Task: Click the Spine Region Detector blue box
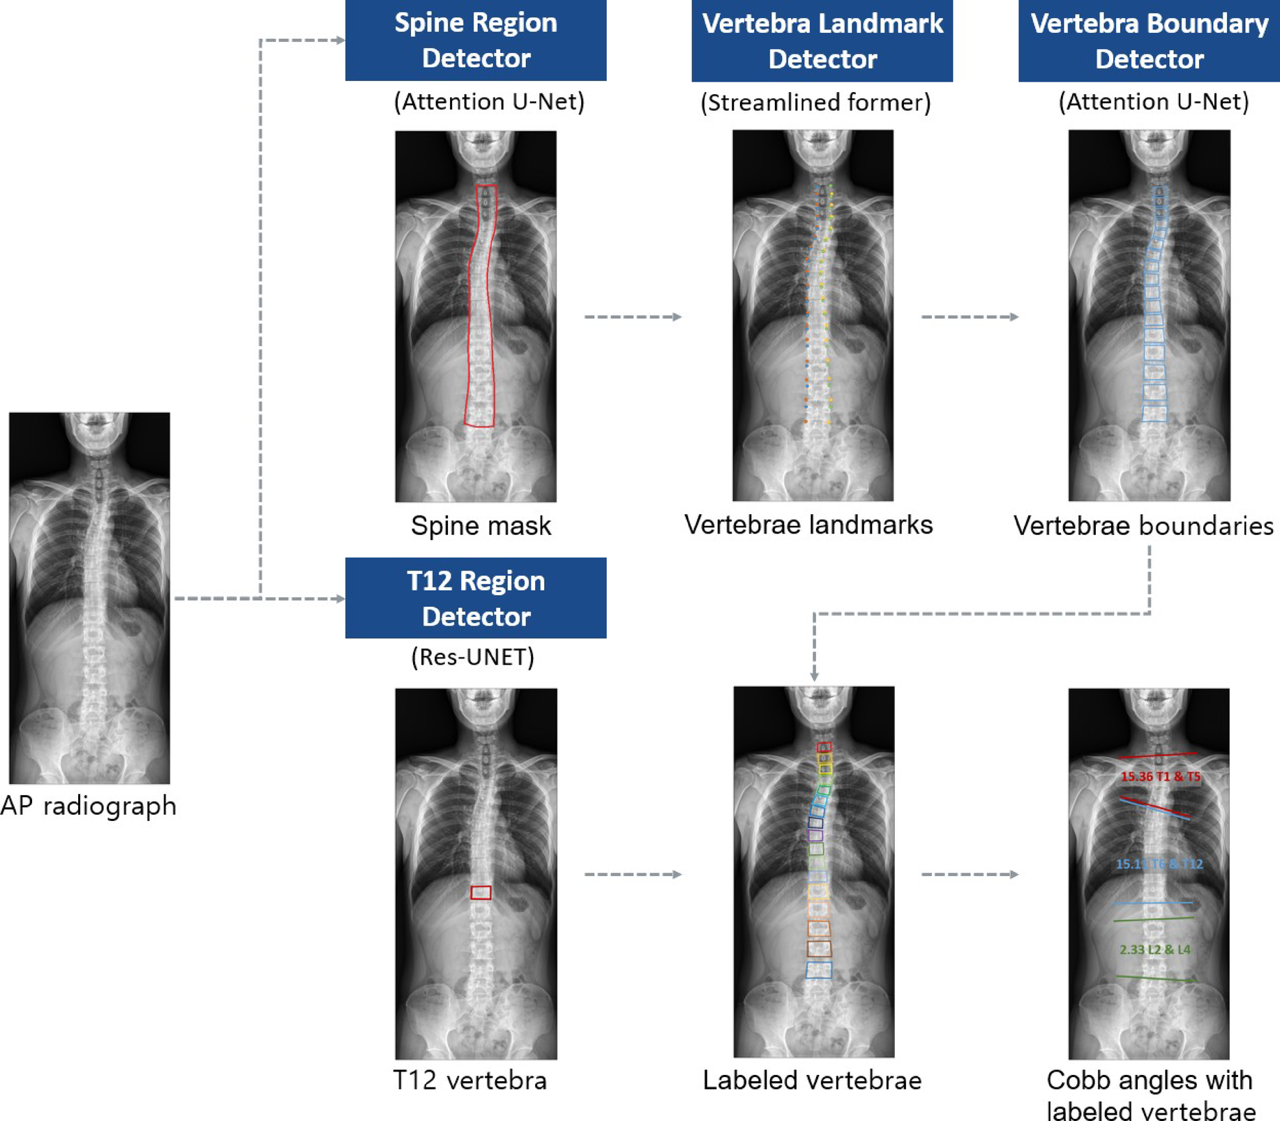[476, 40]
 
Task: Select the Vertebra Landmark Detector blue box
[822, 41]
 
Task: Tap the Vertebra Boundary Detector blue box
[1149, 41]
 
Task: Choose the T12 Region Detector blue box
[476, 598]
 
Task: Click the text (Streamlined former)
[815, 103]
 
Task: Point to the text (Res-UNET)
[472, 657]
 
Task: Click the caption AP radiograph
[89, 806]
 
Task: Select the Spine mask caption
[481, 525]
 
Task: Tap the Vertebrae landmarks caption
[808, 525]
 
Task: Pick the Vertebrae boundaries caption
[1143, 525]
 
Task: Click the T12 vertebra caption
[470, 1080]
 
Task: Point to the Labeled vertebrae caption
[812, 1080]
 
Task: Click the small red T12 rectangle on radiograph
[481, 892]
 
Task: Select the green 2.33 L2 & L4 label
[1155, 949]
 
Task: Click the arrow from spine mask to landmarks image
[633, 317]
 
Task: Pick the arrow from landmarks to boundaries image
[970, 317]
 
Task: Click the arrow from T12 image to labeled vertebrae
[633, 874]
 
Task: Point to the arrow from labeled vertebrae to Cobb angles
[970, 874]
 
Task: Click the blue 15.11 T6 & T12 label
[1159, 864]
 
